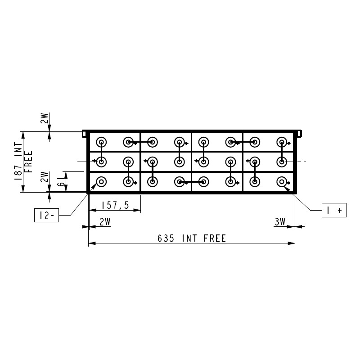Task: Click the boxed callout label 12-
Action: tap(47, 215)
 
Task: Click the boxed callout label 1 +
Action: tap(334, 210)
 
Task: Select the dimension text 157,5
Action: tap(116, 205)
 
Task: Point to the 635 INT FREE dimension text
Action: tap(192, 238)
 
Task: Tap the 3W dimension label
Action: tap(280, 222)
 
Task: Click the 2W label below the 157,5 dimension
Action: tap(105, 222)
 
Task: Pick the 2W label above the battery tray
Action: tap(45, 118)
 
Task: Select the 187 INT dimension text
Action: tap(18, 161)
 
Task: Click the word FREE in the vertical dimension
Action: tap(28, 162)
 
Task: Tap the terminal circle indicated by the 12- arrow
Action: tap(101, 182)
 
